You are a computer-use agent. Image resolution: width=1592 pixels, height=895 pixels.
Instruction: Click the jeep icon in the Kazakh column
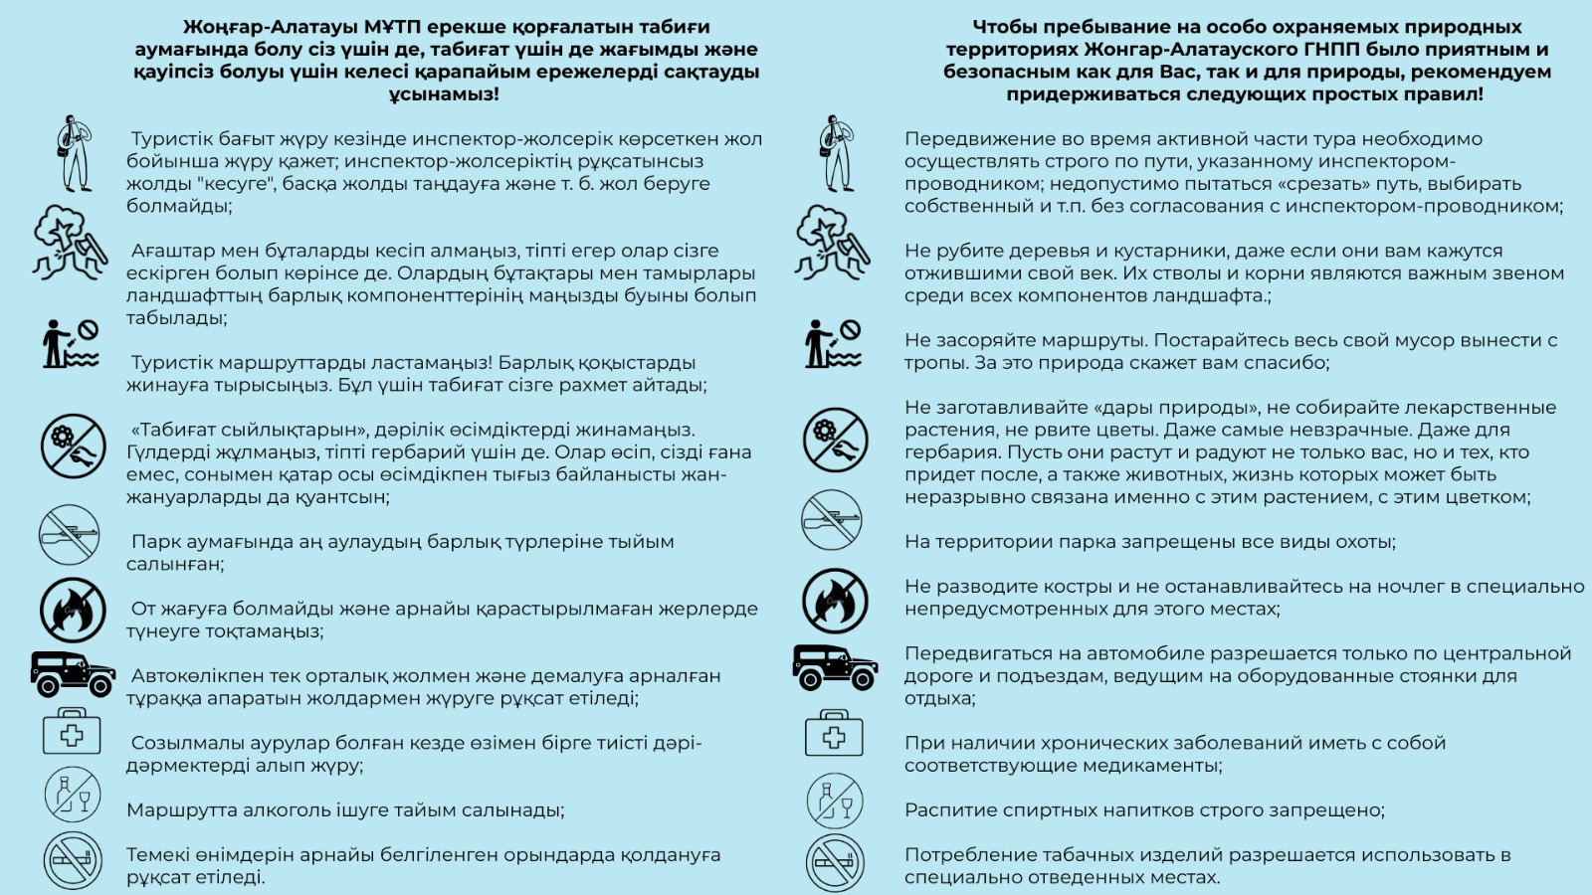[73, 674]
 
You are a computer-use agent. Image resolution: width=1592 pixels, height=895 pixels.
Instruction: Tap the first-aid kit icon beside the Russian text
[834, 734]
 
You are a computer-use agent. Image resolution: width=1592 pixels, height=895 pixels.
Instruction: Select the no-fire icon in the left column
[73, 609]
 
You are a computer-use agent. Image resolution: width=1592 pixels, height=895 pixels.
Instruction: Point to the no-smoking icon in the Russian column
[834, 862]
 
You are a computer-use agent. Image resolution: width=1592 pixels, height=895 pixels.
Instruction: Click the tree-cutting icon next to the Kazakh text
[70, 242]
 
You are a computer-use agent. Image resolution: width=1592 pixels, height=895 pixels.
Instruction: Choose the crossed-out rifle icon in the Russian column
[832, 520]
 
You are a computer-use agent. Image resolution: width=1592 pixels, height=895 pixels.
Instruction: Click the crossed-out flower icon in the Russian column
[835, 440]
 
